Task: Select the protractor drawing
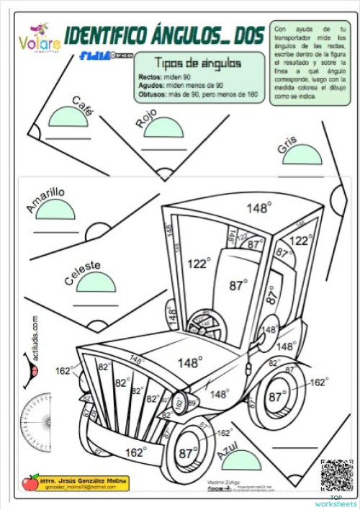coord(35,419)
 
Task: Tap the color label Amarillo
coord(45,200)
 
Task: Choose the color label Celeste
coord(82,273)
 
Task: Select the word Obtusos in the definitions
coord(153,94)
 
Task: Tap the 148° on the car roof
coord(258,208)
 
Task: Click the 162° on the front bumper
coord(135,452)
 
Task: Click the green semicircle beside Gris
coord(302,156)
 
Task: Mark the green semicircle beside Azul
coord(242,461)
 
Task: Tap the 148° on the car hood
coord(189,362)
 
